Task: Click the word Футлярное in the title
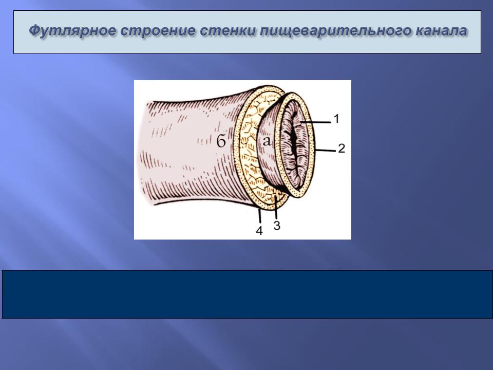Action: [71, 31]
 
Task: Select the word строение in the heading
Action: [157, 31]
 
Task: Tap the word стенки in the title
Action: [228, 31]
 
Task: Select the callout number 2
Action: [342, 148]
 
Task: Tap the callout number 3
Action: [277, 225]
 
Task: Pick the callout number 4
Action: [259, 231]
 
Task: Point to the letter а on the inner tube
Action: [267, 141]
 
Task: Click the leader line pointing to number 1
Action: [315, 122]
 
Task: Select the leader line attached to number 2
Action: [326, 151]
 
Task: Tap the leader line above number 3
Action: [275, 207]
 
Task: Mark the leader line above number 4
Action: [259, 216]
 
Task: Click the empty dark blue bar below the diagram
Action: [247, 294]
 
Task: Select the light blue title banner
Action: [247, 32]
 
